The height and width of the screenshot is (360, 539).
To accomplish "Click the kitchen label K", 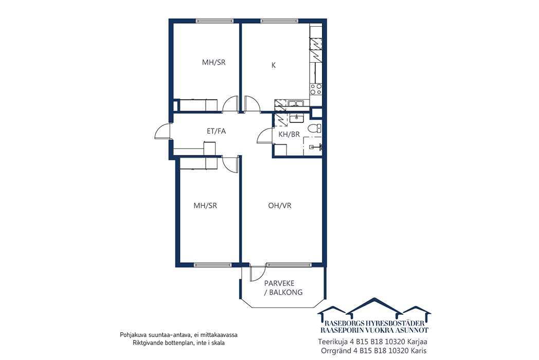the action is (x=274, y=65).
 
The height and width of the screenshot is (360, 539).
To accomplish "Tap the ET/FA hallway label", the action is (x=216, y=131).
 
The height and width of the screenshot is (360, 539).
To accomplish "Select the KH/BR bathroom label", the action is (x=289, y=134).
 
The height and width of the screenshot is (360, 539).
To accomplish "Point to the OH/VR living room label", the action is (x=280, y=206).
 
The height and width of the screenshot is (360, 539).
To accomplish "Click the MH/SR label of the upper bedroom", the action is (x=214, y=62).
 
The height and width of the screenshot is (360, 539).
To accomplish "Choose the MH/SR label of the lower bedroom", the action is (x=205, y=206).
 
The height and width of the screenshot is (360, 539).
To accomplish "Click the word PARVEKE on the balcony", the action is (x=279, y=283).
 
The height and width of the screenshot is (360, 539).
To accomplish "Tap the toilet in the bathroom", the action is (x=315, y=129).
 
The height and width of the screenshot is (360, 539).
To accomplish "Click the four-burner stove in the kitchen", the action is (x=316, y=89).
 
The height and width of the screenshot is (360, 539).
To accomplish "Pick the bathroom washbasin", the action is (x=296, y=119).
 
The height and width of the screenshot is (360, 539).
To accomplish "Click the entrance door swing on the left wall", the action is (x=162, y=131).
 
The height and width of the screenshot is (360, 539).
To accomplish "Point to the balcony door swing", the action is (x=257, y=274).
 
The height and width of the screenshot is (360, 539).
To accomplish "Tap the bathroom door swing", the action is (x=265, y=135).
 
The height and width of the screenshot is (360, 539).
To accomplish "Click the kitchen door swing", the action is (x=253, y=104).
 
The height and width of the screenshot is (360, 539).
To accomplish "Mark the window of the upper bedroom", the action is (x=214, y=21).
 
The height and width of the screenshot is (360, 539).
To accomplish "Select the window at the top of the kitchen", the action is (x=279, y=21).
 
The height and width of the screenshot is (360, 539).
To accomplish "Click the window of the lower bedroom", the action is (x=213, y=265).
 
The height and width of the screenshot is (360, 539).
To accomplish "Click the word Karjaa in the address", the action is (x=417, y=343).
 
